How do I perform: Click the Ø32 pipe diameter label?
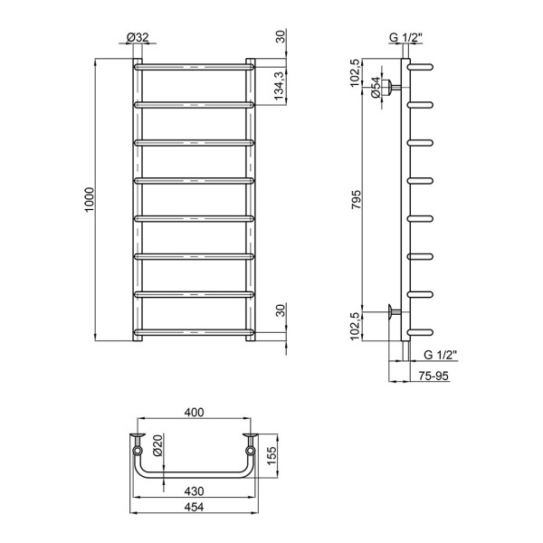pyautogui.click(x=138, y=37)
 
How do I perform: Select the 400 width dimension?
pyautogui.click(x=194, y=413)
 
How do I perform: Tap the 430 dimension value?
pyautogui.click(x=194, y=490)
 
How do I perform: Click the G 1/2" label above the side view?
pyautogui.click(x=405, y=37)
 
